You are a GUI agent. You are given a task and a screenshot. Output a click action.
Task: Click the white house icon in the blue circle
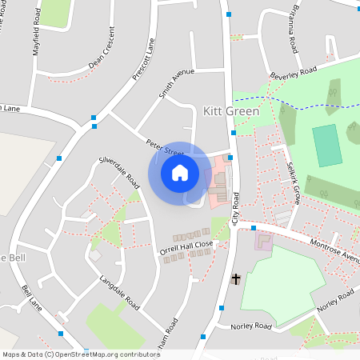179,172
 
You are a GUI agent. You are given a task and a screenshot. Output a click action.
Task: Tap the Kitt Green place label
230,111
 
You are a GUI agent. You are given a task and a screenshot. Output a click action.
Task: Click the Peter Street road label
164,148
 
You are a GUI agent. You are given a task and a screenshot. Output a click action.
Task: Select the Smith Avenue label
177,83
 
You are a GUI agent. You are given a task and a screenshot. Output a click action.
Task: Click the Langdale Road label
119,293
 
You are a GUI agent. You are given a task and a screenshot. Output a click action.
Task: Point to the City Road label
236,210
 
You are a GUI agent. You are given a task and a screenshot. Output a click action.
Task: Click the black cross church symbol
235,279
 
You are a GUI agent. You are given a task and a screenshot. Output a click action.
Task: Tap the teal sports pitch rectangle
326,146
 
